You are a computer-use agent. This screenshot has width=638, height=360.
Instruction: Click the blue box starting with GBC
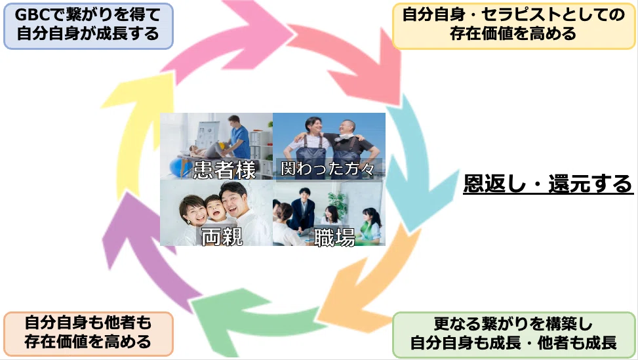(89, 26)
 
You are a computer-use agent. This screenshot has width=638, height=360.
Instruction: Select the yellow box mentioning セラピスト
(513, 26)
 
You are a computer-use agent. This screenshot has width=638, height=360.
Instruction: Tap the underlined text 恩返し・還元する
(548, 184)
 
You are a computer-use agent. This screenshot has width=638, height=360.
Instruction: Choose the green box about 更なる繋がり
(513, 334)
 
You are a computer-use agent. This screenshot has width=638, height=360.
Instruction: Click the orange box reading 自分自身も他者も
(89, 334)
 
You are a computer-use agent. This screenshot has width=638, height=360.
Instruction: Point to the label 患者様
(224, 169)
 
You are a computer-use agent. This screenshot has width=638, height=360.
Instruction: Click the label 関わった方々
(328, 169)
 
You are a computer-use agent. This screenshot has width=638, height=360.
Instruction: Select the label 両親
(222, 236)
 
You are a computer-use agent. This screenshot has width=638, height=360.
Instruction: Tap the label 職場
(334, 237)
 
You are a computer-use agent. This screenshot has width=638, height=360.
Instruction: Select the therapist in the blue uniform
(237, 138)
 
